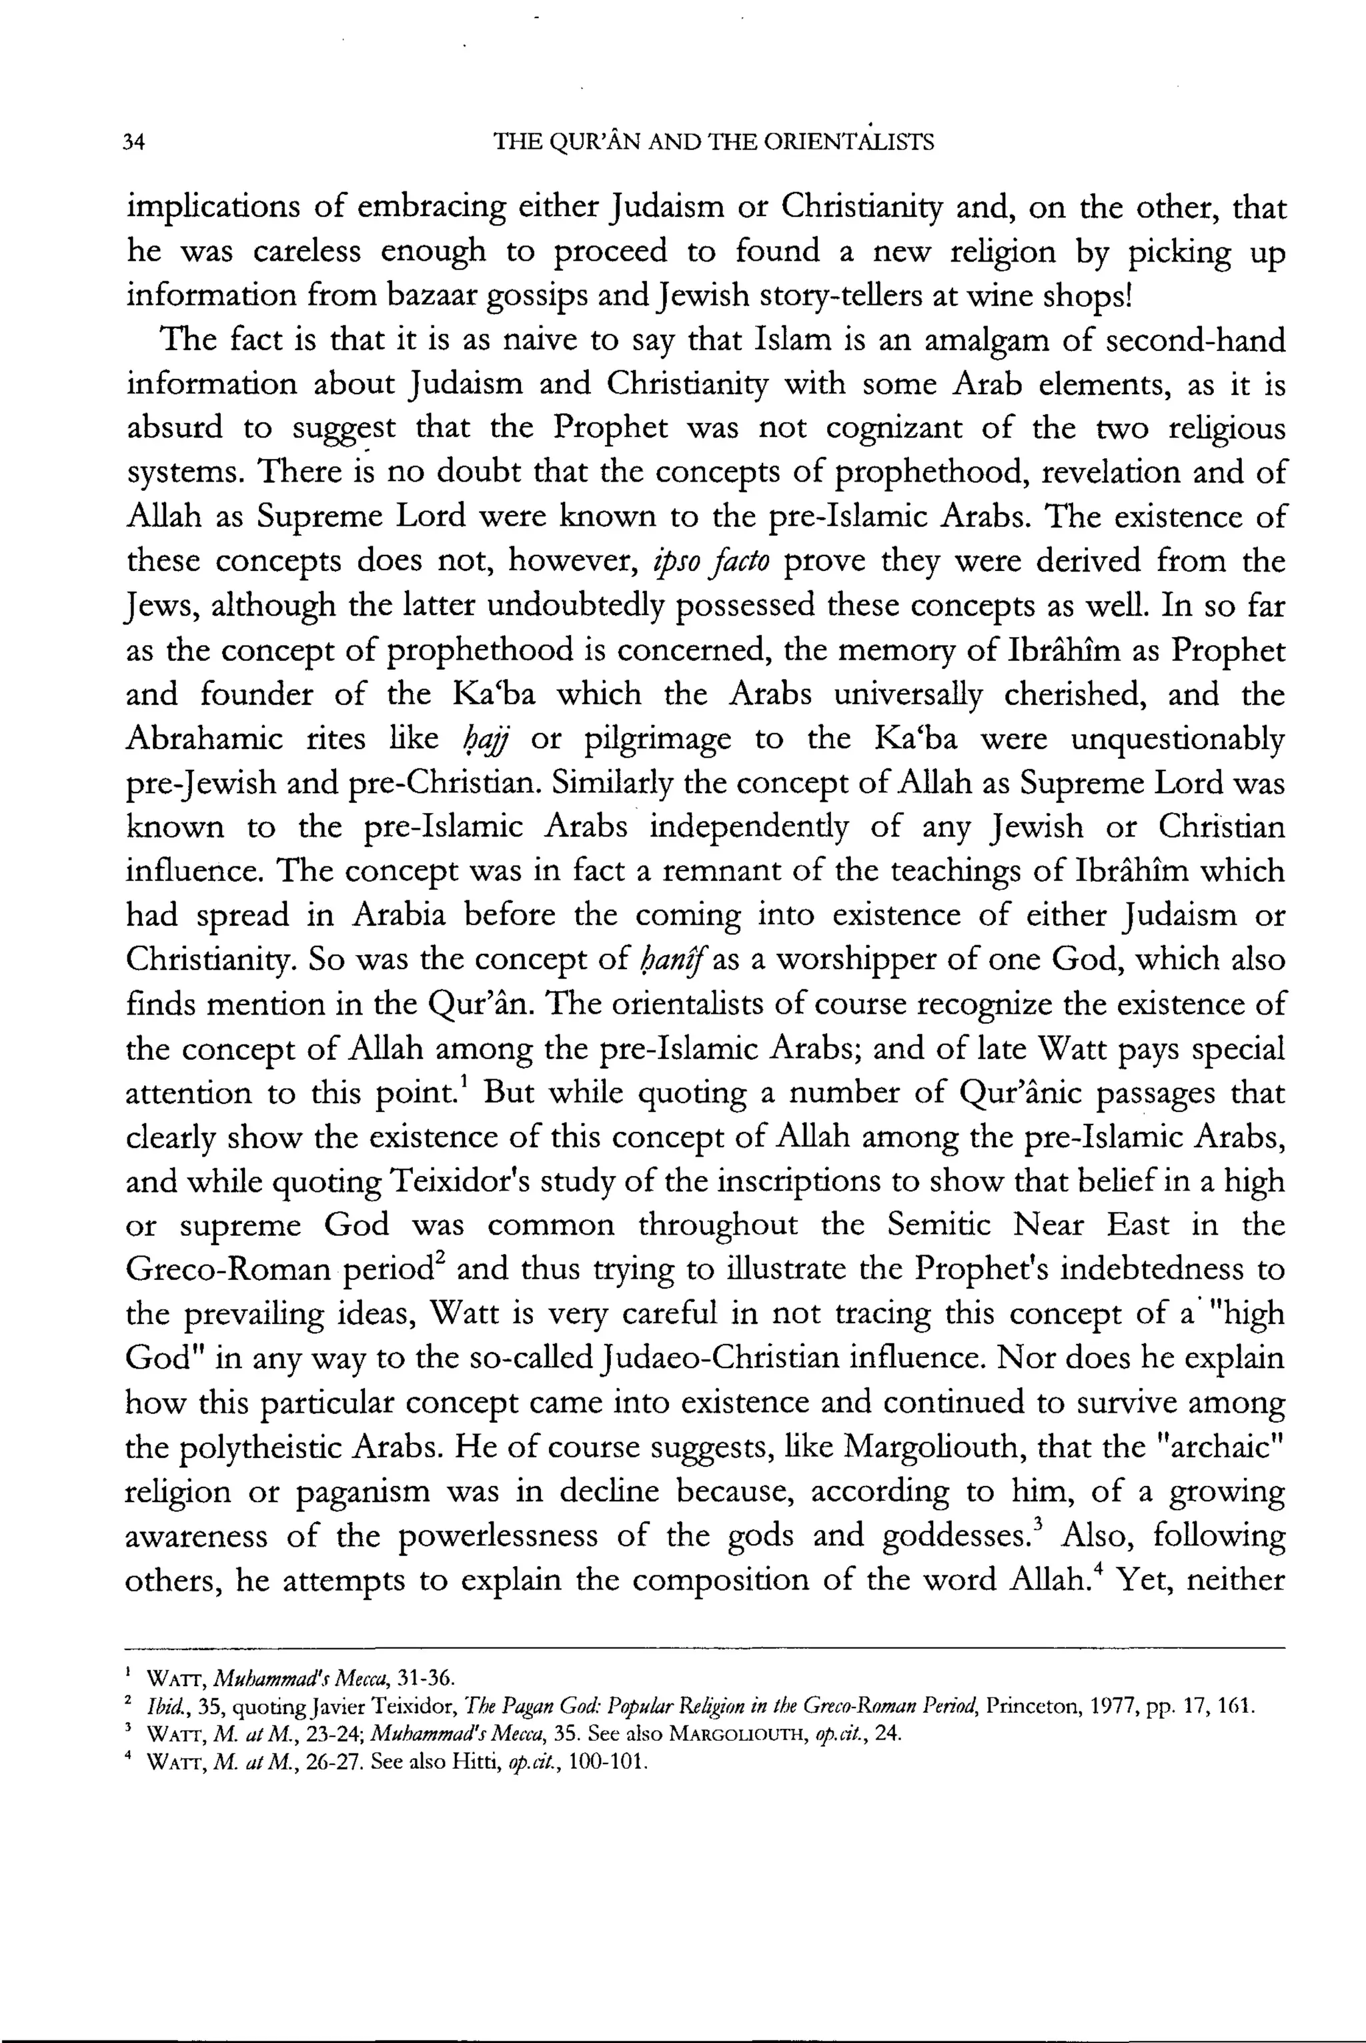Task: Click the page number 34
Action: pyautogui.click(x=135, y=142)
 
